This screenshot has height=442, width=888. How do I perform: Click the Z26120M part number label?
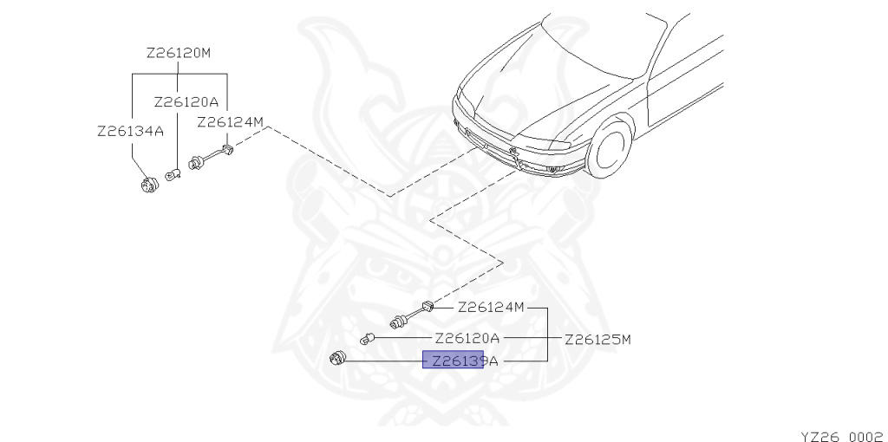(x=179, y=53)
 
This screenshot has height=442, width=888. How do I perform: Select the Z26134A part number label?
(x=130, y=132)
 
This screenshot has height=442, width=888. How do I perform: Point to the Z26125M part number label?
(x=597, y=339)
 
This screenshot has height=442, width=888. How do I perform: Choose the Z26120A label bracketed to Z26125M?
(x=467, y=338)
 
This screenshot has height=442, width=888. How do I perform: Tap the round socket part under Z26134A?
(x=150, y=184)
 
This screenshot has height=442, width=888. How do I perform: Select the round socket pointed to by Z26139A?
(x=337, y=358)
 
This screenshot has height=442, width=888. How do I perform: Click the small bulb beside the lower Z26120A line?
(x=368, y=337)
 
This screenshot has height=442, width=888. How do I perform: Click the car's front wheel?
(x=610, y=149)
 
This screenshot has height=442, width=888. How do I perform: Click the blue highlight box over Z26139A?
(x=452, y=359)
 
